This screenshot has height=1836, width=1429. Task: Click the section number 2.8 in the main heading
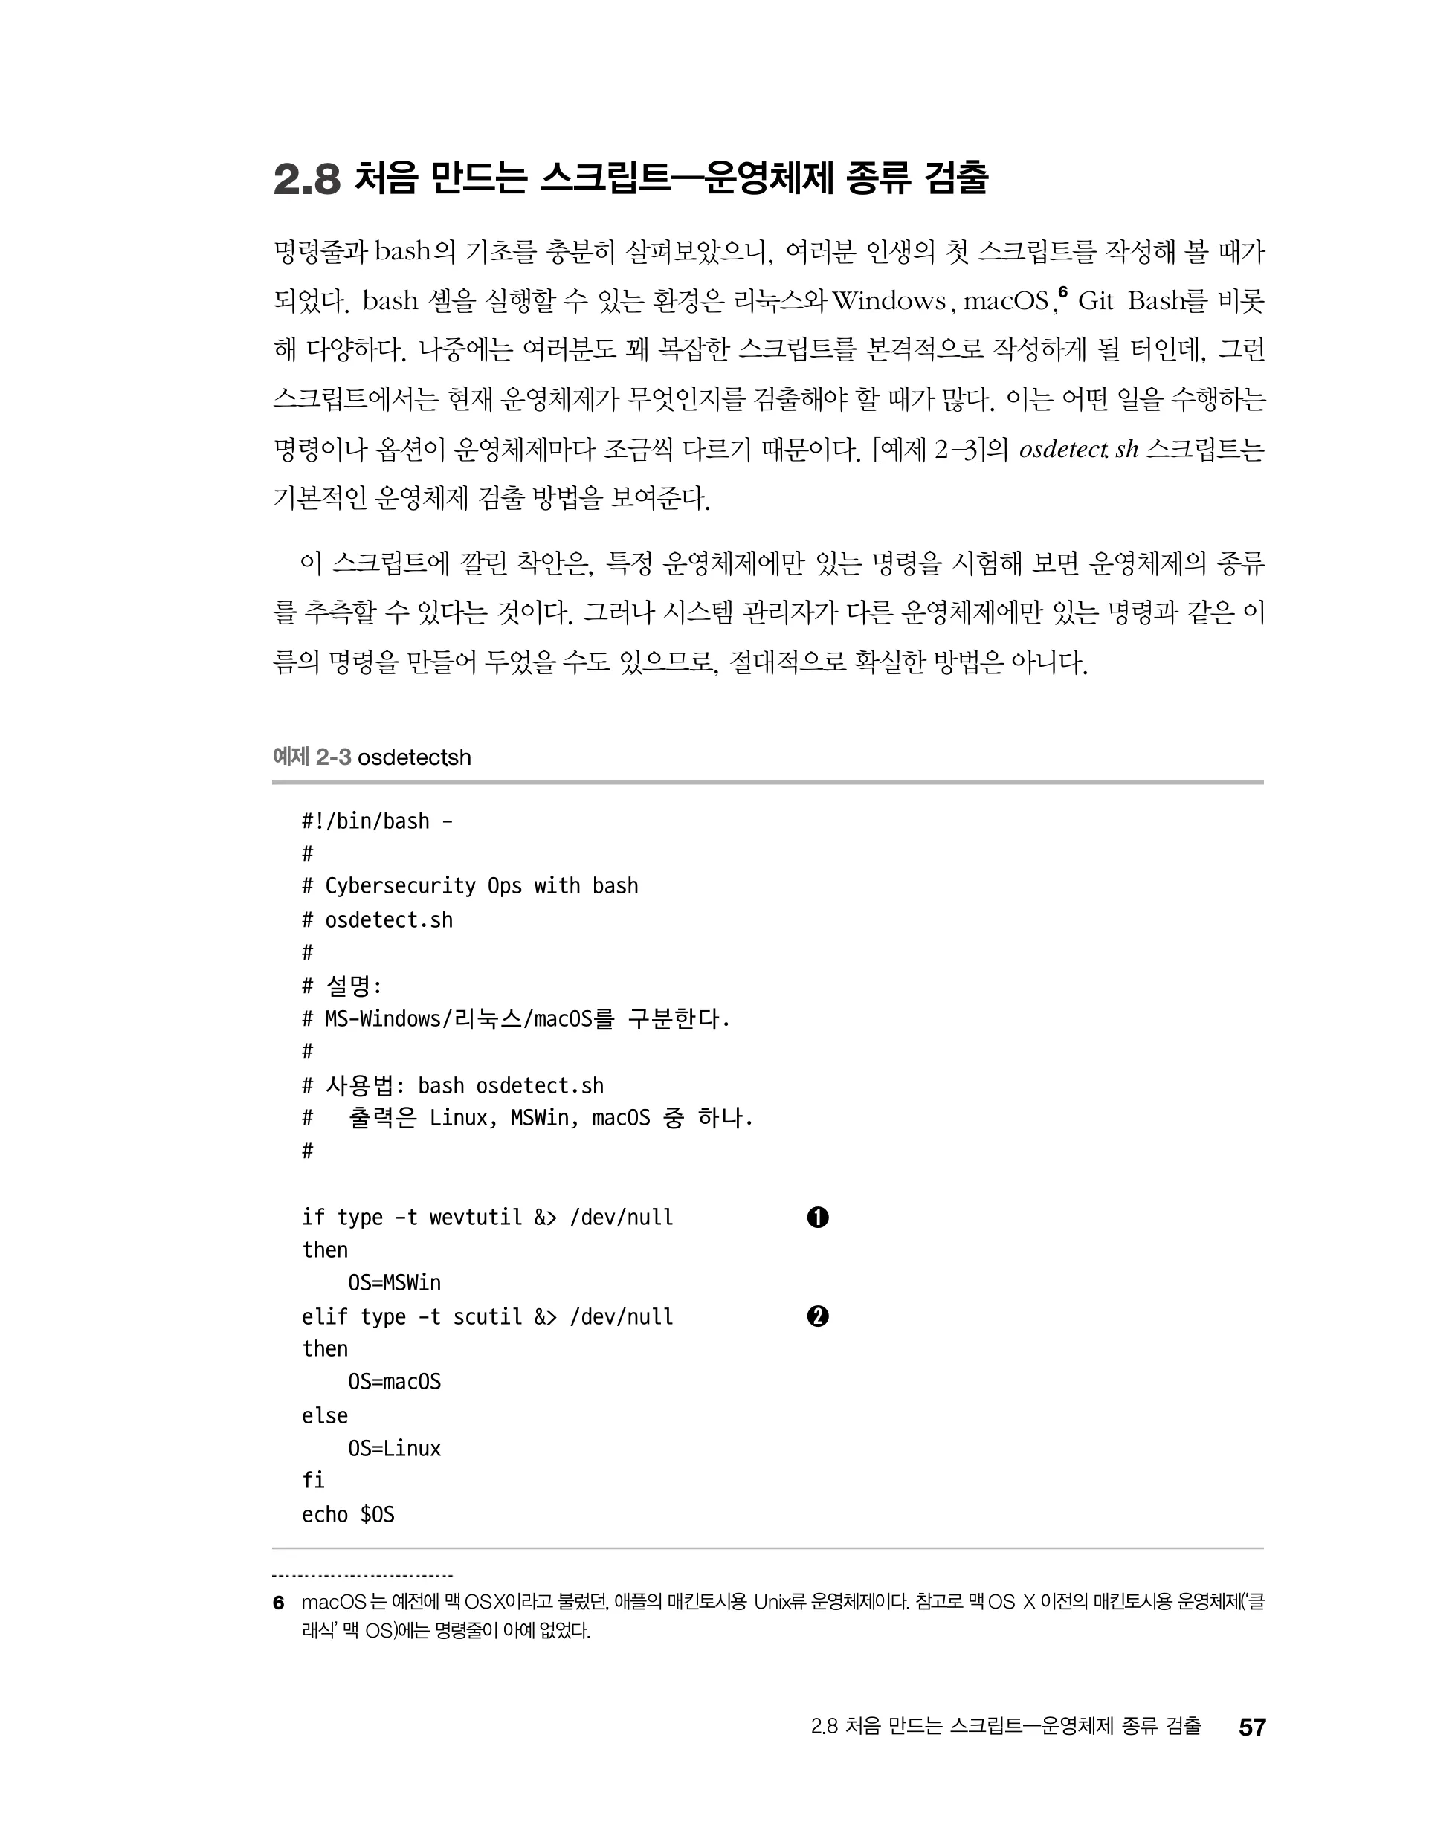pos(306,179)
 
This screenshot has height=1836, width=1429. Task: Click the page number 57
pos(1251,1727)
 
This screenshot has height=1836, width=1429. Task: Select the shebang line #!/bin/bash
pos(377,821)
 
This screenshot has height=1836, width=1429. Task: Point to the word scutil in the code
pos(487,1316)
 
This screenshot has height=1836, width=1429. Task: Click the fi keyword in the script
pos(313,1481)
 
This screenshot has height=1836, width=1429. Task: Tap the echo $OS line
pos(347,1515)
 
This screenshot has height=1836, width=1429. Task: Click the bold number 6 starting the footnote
pos(278,1603)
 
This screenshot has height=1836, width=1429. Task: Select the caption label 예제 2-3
pos(312,757)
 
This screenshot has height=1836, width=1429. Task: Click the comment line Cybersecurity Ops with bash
pos(481,886)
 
